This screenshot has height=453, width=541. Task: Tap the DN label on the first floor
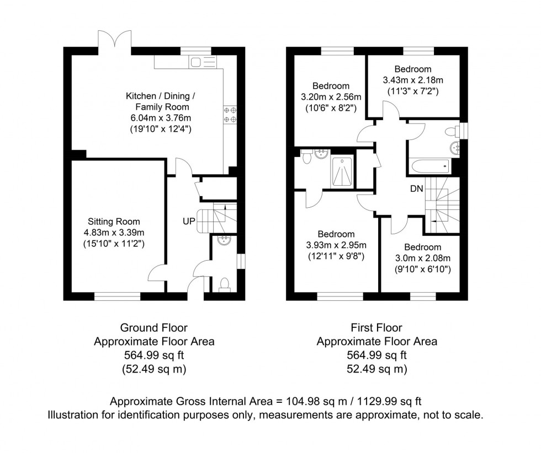tap(417, 188)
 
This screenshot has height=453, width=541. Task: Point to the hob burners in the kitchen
tap(230, 114)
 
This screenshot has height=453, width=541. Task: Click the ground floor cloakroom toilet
tap(224, 284)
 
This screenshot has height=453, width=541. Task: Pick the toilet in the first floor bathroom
tap(452, 131)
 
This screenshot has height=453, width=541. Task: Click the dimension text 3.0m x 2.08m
tap(422, 258)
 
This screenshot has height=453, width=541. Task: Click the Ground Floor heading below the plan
tap(154, 328)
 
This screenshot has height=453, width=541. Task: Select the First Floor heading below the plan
tap(376, 328)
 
